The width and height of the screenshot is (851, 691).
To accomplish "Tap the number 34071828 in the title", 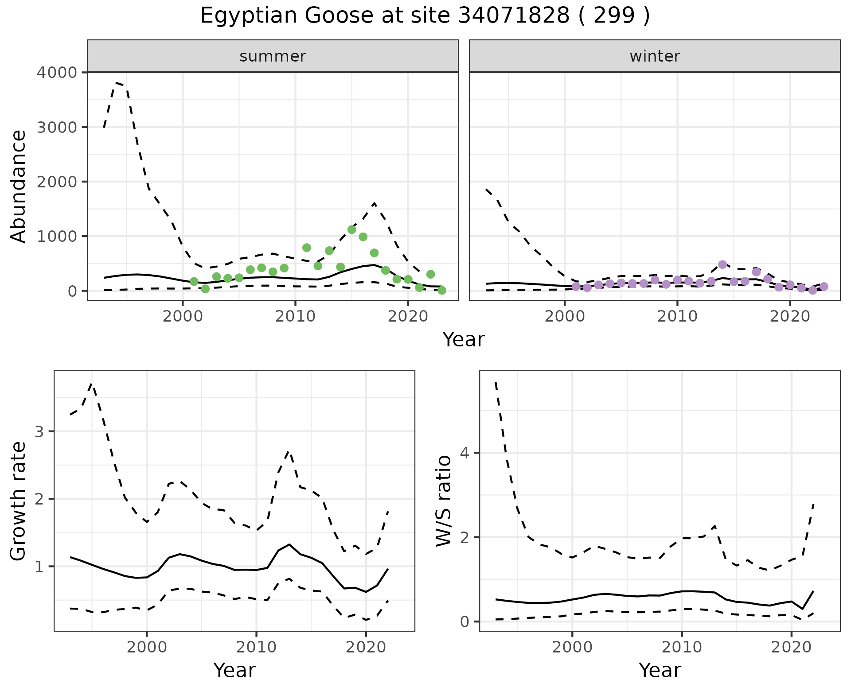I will (x=513, y=16).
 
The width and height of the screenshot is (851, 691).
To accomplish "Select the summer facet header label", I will (x=273, y=56).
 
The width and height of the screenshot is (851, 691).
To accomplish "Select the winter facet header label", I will (x=655, y=56).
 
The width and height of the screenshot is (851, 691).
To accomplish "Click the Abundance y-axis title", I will (x=19, y=186).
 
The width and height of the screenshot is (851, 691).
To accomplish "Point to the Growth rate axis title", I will (x=19, y=501).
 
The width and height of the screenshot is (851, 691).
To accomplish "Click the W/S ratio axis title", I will (x=444, y=501).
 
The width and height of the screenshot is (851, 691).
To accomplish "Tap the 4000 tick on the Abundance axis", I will (x=56, y=73).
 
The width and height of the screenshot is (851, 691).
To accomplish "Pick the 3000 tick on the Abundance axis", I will (x=56, y=128).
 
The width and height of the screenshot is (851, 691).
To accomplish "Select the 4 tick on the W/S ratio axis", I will (x=465, y=453).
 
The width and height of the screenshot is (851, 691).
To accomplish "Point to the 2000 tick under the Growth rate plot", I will (x=147, y=648).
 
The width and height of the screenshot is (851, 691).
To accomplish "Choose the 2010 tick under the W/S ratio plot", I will (x=682, y=648).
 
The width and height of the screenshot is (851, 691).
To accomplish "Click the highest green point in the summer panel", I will (x=352, y=229).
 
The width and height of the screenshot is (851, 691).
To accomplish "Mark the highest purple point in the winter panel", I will (x=722, y=264).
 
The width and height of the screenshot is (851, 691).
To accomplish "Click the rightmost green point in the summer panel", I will (x=441, y=290).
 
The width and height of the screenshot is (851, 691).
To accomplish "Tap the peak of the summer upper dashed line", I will (x=117, y=82).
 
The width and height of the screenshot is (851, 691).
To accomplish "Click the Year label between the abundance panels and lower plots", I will (x=464, y=340).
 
